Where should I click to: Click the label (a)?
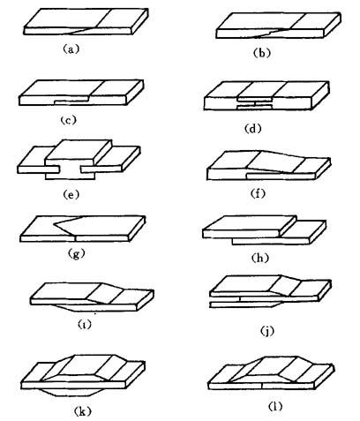71,49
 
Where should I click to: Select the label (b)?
262,53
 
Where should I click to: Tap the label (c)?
68,120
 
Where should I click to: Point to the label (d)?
253,129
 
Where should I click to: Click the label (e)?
71,194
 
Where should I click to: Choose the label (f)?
258,193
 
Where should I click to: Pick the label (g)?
76,253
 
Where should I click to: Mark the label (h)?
260,258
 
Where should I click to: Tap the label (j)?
267,331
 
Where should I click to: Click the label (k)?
82,411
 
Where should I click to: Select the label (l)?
275,406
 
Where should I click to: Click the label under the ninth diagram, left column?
85,324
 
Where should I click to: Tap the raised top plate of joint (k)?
82,366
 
